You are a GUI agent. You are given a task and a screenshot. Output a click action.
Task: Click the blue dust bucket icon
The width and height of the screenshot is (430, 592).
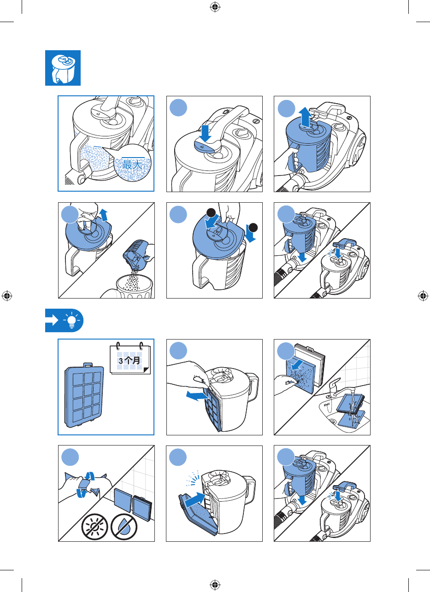[63, 68]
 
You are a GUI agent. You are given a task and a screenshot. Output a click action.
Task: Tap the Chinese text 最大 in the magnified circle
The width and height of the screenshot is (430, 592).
[132, 164]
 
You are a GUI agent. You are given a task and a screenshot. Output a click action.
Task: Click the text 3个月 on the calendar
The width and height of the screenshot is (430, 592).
[130, 360]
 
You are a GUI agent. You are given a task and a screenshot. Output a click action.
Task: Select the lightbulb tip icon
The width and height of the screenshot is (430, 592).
[71, 320]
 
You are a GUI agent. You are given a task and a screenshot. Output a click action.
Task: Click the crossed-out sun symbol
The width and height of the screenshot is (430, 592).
[94, 527]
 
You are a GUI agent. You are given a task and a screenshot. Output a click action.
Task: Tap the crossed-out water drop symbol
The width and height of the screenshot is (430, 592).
[124, 527]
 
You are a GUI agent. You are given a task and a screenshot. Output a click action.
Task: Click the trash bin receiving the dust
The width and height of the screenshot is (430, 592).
[134, 287]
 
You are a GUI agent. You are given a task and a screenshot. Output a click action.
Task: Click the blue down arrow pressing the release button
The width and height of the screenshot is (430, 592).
[205, 134]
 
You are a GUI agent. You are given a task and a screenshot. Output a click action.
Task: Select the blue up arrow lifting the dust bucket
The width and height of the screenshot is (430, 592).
[306, 117]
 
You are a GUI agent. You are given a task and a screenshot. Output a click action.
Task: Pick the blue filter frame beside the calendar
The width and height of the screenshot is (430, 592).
[84, 395]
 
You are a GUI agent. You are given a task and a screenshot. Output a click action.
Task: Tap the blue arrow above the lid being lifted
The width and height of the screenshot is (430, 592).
[104, 215]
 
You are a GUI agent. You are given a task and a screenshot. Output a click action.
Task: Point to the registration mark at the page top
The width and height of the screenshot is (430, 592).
[215, 7]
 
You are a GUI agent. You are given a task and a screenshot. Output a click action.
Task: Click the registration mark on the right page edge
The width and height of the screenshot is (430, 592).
[423, 296]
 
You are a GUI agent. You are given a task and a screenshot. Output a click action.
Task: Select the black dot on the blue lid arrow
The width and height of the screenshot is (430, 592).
[211, 212]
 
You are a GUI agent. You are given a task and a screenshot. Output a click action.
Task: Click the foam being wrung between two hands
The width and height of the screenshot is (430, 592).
[85, 484]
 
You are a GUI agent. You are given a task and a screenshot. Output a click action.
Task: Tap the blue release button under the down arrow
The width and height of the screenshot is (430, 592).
[204, 146]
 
